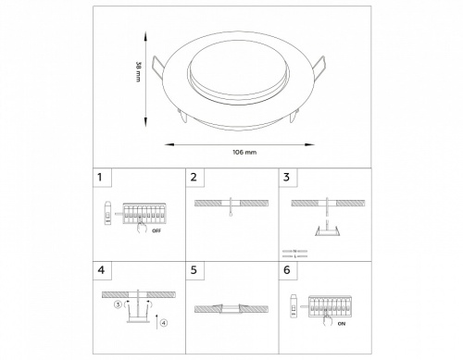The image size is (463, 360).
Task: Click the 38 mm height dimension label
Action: [x=138, y=70]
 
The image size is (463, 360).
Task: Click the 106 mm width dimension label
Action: [x=244, y=150]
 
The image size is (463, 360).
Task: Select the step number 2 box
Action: [x=194, y=177]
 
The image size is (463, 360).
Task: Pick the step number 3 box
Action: [x=286, y=177]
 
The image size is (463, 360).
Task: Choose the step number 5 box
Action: [x=194, y=271]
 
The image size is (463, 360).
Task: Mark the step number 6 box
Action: [x=286, y=271]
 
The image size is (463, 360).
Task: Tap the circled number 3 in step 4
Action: [x=118, y=303]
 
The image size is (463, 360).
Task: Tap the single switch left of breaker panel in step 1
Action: [x=107, y=215]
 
